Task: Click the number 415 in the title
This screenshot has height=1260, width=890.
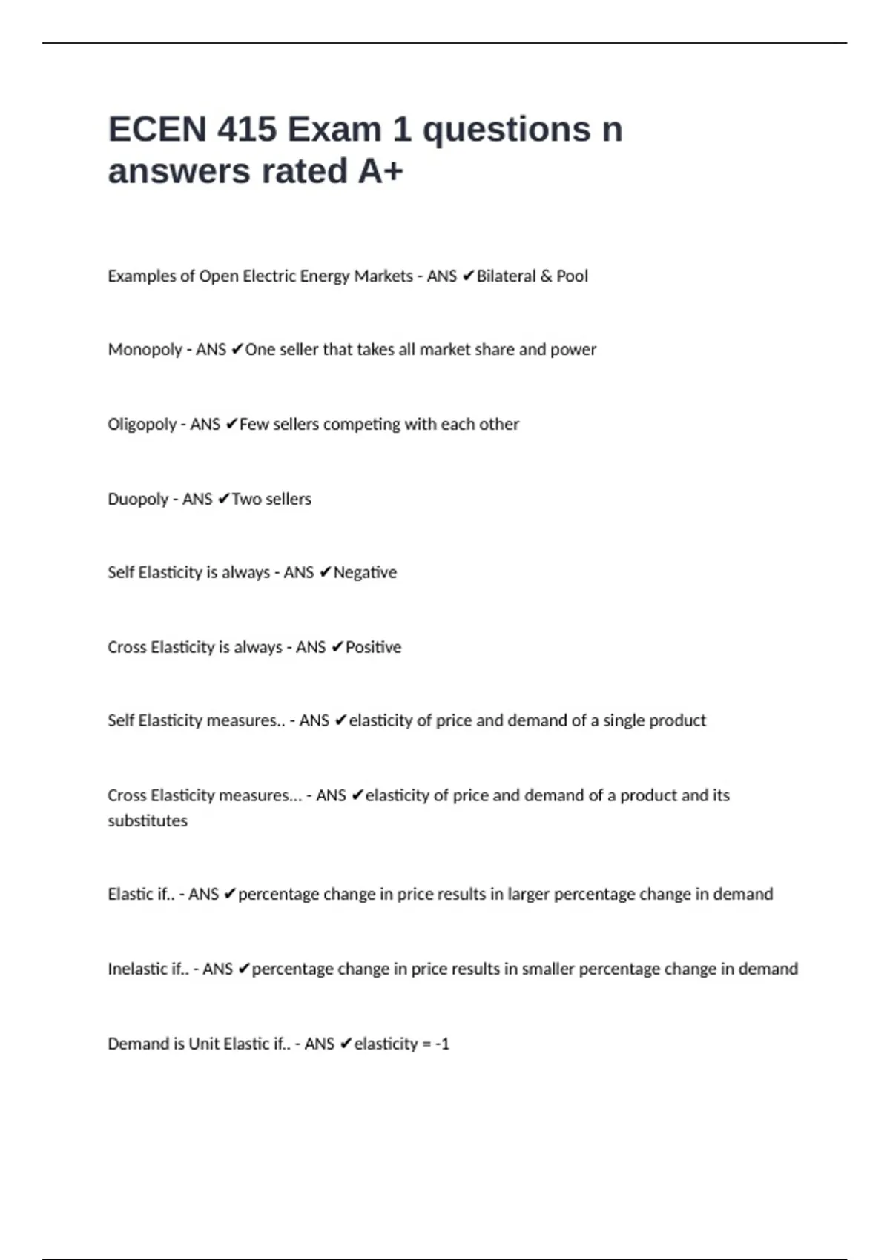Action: (246, 130)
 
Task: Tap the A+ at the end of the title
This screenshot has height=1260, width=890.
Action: (380, 171)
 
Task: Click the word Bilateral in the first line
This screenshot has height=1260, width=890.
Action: (506, 276)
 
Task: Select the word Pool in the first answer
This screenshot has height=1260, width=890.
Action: (572, 276)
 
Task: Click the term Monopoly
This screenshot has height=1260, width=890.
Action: (145, 350)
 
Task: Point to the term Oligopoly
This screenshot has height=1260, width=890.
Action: (142, 425)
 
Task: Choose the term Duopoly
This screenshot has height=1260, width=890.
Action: (138, 499)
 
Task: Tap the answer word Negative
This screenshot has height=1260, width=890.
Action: (365, 573)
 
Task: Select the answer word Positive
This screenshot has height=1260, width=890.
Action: (373, 647)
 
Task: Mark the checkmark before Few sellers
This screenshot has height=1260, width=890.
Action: (231, 424)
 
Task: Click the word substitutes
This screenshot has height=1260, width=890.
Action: (148, 820)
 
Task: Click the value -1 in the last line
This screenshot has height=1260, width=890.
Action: (442, 1044)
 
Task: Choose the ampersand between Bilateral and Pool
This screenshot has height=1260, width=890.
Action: (546, 276)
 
